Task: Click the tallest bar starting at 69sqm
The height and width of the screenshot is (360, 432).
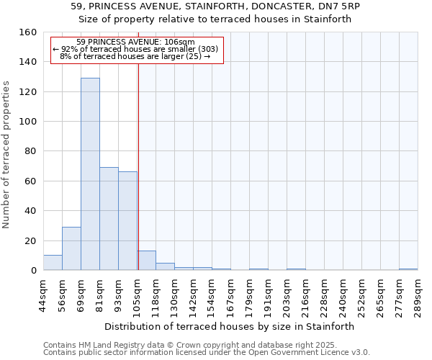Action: (x=90, y=174)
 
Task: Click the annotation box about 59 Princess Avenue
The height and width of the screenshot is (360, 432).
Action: (x=138, y=50)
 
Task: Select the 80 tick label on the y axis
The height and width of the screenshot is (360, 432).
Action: (x=30, y=152)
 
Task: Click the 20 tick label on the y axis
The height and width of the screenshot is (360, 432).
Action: (x=30, y=241)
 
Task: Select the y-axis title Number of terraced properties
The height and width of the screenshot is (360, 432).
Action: (x=7, y=155)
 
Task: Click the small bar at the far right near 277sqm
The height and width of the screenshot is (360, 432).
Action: (x=408, y=269)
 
